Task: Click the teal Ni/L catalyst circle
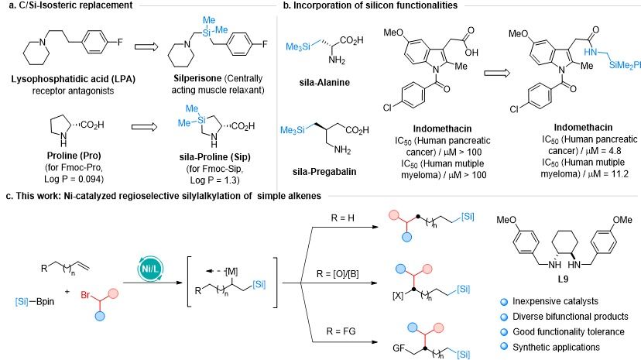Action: [150, 269]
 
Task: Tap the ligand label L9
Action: [563, 279]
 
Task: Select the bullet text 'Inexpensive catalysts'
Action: [555, 301]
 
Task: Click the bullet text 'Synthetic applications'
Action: [556, 348]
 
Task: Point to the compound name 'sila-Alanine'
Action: [324, 83]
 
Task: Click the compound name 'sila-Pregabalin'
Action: [324, 172]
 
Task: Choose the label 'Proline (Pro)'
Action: [74, 156]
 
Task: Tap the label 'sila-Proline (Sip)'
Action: [215, 157]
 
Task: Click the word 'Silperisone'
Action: [197, 78]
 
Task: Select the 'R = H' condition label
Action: [343, 218]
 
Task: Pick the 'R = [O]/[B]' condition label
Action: [338, 274]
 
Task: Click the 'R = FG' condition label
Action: [341, 331]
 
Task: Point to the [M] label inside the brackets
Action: [231, 271]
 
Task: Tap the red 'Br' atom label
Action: [85, 295]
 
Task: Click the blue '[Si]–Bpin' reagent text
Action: [34, 302]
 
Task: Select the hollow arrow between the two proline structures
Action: [144, 127]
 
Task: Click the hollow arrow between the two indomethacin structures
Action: [497, 73]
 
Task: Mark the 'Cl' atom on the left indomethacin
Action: [387, 108]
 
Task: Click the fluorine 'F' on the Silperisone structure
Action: [265, 43]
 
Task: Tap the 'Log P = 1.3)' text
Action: [215, 180]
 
